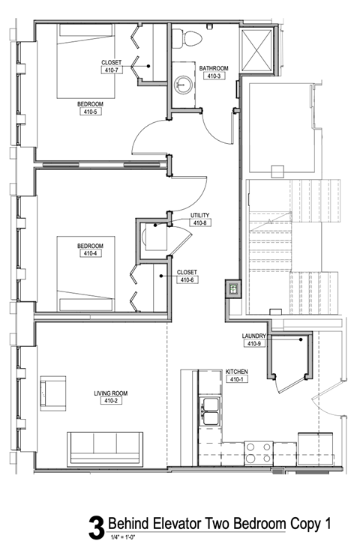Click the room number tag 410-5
(x=90, y=112)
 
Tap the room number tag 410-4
(x=90, y=253)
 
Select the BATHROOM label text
(x=213, y=68)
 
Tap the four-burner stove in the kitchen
(x=259, y=451)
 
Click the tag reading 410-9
(x=254, y=344)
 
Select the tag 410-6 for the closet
(x=186, y=280)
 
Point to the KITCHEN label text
(x=237, y=372)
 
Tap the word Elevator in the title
(x=172, y=523)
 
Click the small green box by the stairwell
(x=233, y=288)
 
